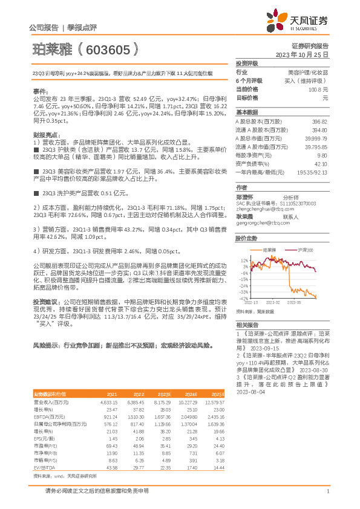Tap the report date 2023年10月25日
coord(303,54)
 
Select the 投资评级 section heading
coord(247,63)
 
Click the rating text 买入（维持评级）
coord(308,80)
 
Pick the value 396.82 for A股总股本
coord(319,122)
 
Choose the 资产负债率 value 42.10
coord(321,163)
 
